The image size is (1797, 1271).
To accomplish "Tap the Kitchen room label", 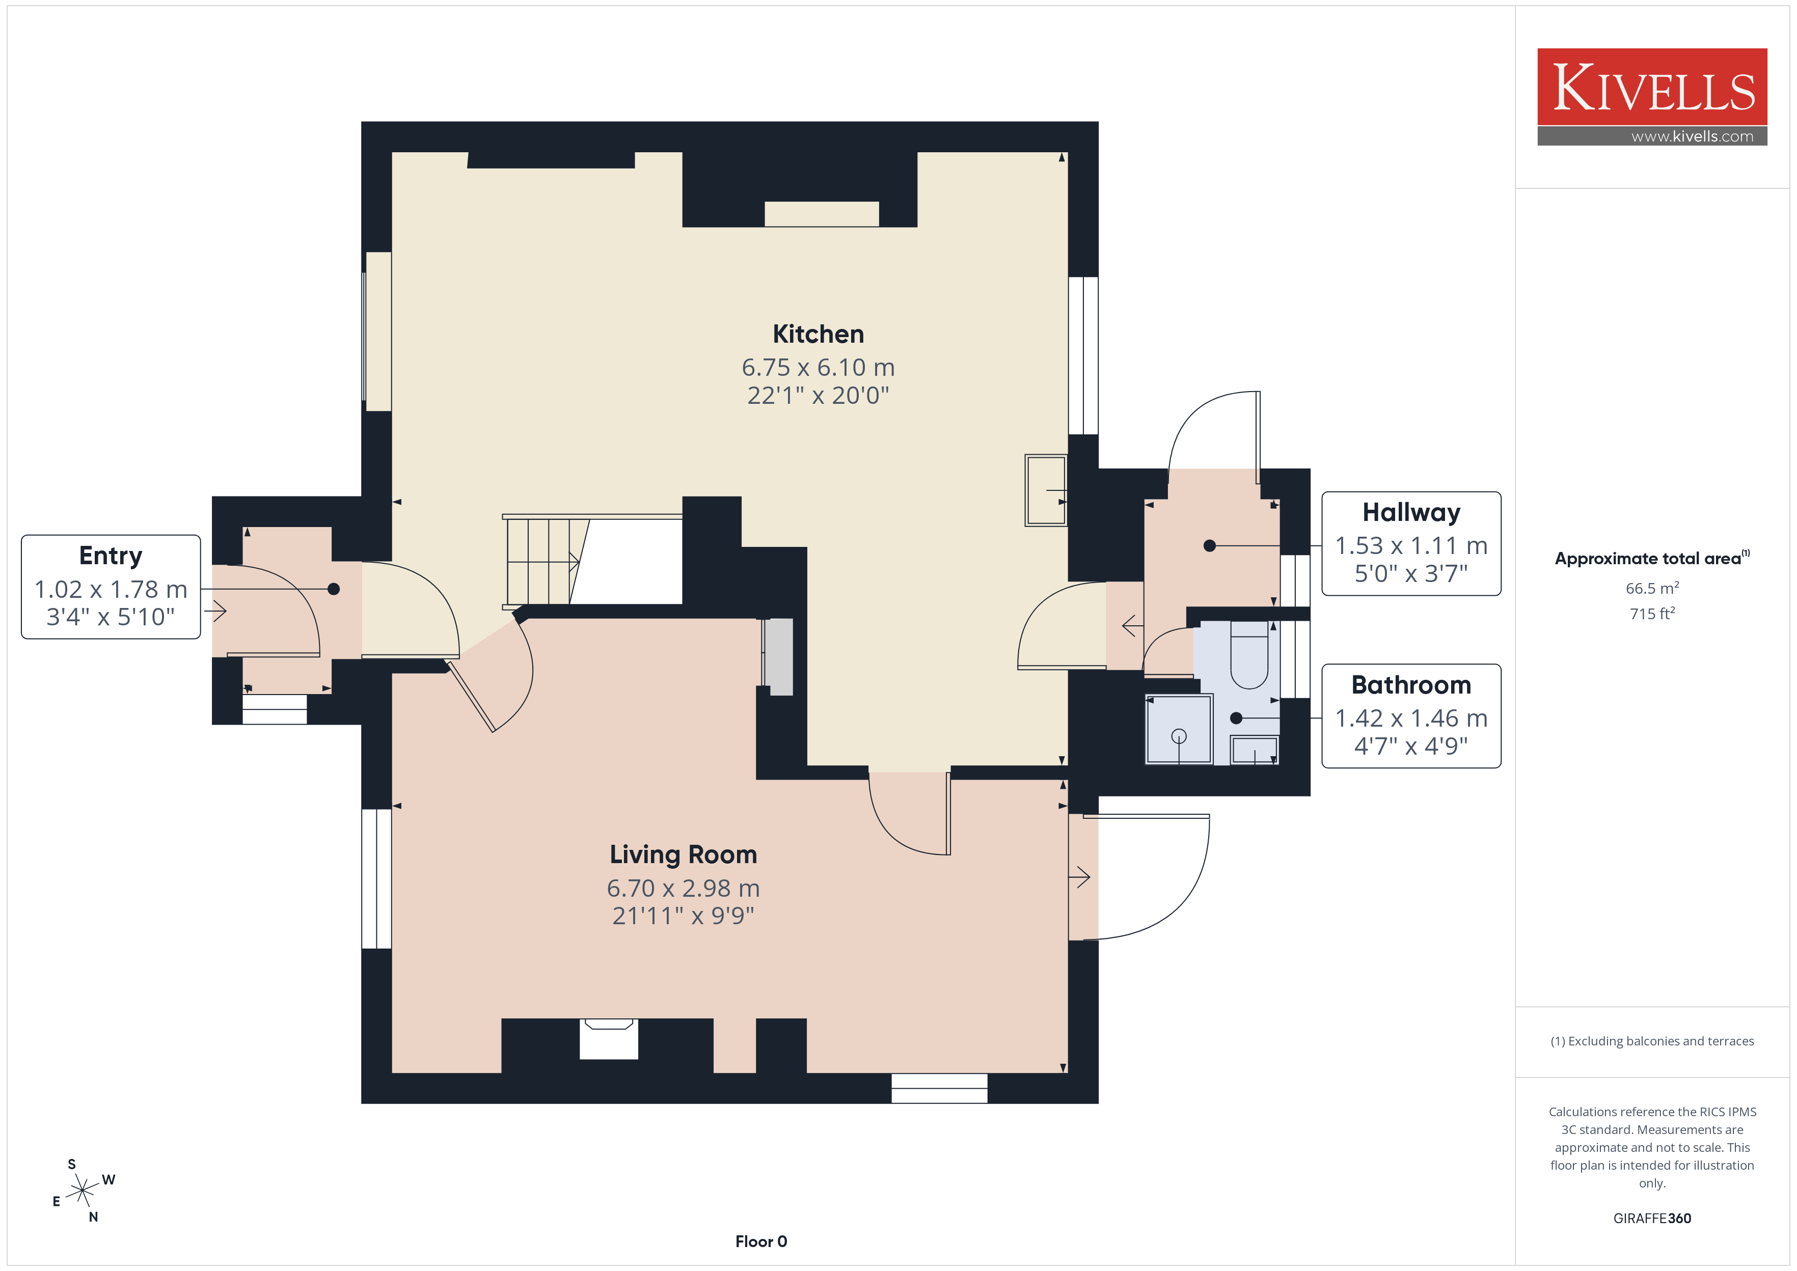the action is (818, 334).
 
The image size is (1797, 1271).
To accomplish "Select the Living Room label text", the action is (683, 854).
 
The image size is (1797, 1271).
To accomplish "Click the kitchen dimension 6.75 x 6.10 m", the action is (818, 367).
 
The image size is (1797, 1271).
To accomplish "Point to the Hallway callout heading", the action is (1411, 513).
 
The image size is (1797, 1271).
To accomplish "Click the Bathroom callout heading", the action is (1411, 685).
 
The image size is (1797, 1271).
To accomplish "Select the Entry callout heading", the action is (111, 556).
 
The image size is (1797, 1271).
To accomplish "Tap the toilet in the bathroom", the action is (1249, 655).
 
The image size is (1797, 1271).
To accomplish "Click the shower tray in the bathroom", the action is (1179, 729).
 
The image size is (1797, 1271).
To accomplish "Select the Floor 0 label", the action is (761, 1241).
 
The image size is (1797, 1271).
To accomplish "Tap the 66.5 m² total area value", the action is (1652, 588).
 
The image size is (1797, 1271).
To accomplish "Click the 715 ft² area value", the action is (1652, 614).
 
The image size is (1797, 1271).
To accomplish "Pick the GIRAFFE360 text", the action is (1652, 1219).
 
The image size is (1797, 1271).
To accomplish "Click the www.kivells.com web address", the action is (1692, 136).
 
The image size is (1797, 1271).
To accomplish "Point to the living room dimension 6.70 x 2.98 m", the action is (683, 888).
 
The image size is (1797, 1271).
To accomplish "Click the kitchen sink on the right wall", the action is (1046, 491).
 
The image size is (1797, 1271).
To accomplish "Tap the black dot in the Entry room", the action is (334, 589).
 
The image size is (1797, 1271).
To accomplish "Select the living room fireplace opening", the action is (609, 1039).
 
